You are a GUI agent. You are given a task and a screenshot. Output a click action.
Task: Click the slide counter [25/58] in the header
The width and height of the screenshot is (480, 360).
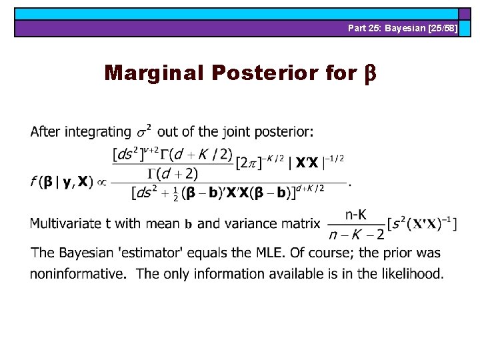[x=441, y=28]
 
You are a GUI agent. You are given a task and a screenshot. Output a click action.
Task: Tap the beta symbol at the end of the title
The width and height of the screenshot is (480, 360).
[x=370, y=73]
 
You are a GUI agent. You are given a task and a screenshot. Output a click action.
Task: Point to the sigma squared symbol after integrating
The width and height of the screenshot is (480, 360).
[x=144, y=130]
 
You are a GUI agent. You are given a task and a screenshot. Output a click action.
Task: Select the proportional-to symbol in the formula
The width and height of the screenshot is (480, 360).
[x=101, y=182]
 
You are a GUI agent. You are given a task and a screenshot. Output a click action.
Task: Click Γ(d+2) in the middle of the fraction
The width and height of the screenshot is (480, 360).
[x=173, y=174]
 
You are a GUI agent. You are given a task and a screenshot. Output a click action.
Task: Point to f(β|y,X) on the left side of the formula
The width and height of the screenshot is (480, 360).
[x=61, y=181]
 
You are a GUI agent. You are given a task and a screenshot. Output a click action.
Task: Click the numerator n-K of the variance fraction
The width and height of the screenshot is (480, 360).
[x=357, y=214]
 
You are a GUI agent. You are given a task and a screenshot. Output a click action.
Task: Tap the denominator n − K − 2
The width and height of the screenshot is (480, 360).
[x=357, y=234]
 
